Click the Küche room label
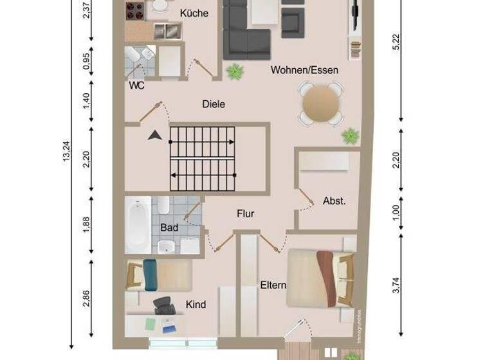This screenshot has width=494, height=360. [194, 13]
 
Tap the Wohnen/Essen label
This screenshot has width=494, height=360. [304, 70]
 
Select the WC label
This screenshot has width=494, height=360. [136, 85]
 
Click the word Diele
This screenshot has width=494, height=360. [214, 104]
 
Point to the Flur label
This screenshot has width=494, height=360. [245, 213]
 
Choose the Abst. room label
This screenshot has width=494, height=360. [334, 201]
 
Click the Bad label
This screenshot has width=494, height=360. [169, 228]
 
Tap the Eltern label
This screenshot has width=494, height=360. [273, 285]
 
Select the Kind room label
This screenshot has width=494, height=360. [196, 304]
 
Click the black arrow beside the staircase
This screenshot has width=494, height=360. [154, 136]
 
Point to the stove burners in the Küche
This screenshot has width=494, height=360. [134, 11]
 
